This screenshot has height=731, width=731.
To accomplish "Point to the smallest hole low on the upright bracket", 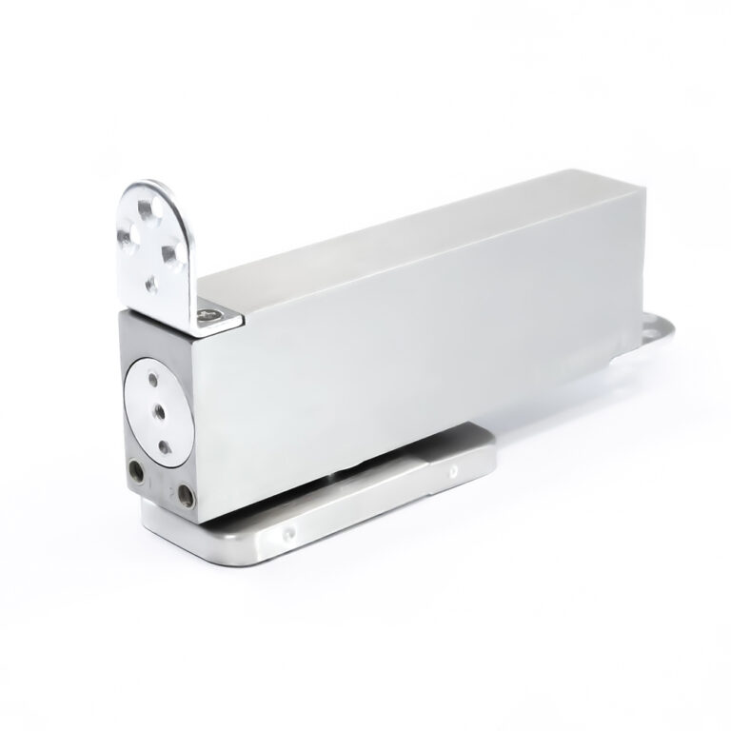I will (149, 282).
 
